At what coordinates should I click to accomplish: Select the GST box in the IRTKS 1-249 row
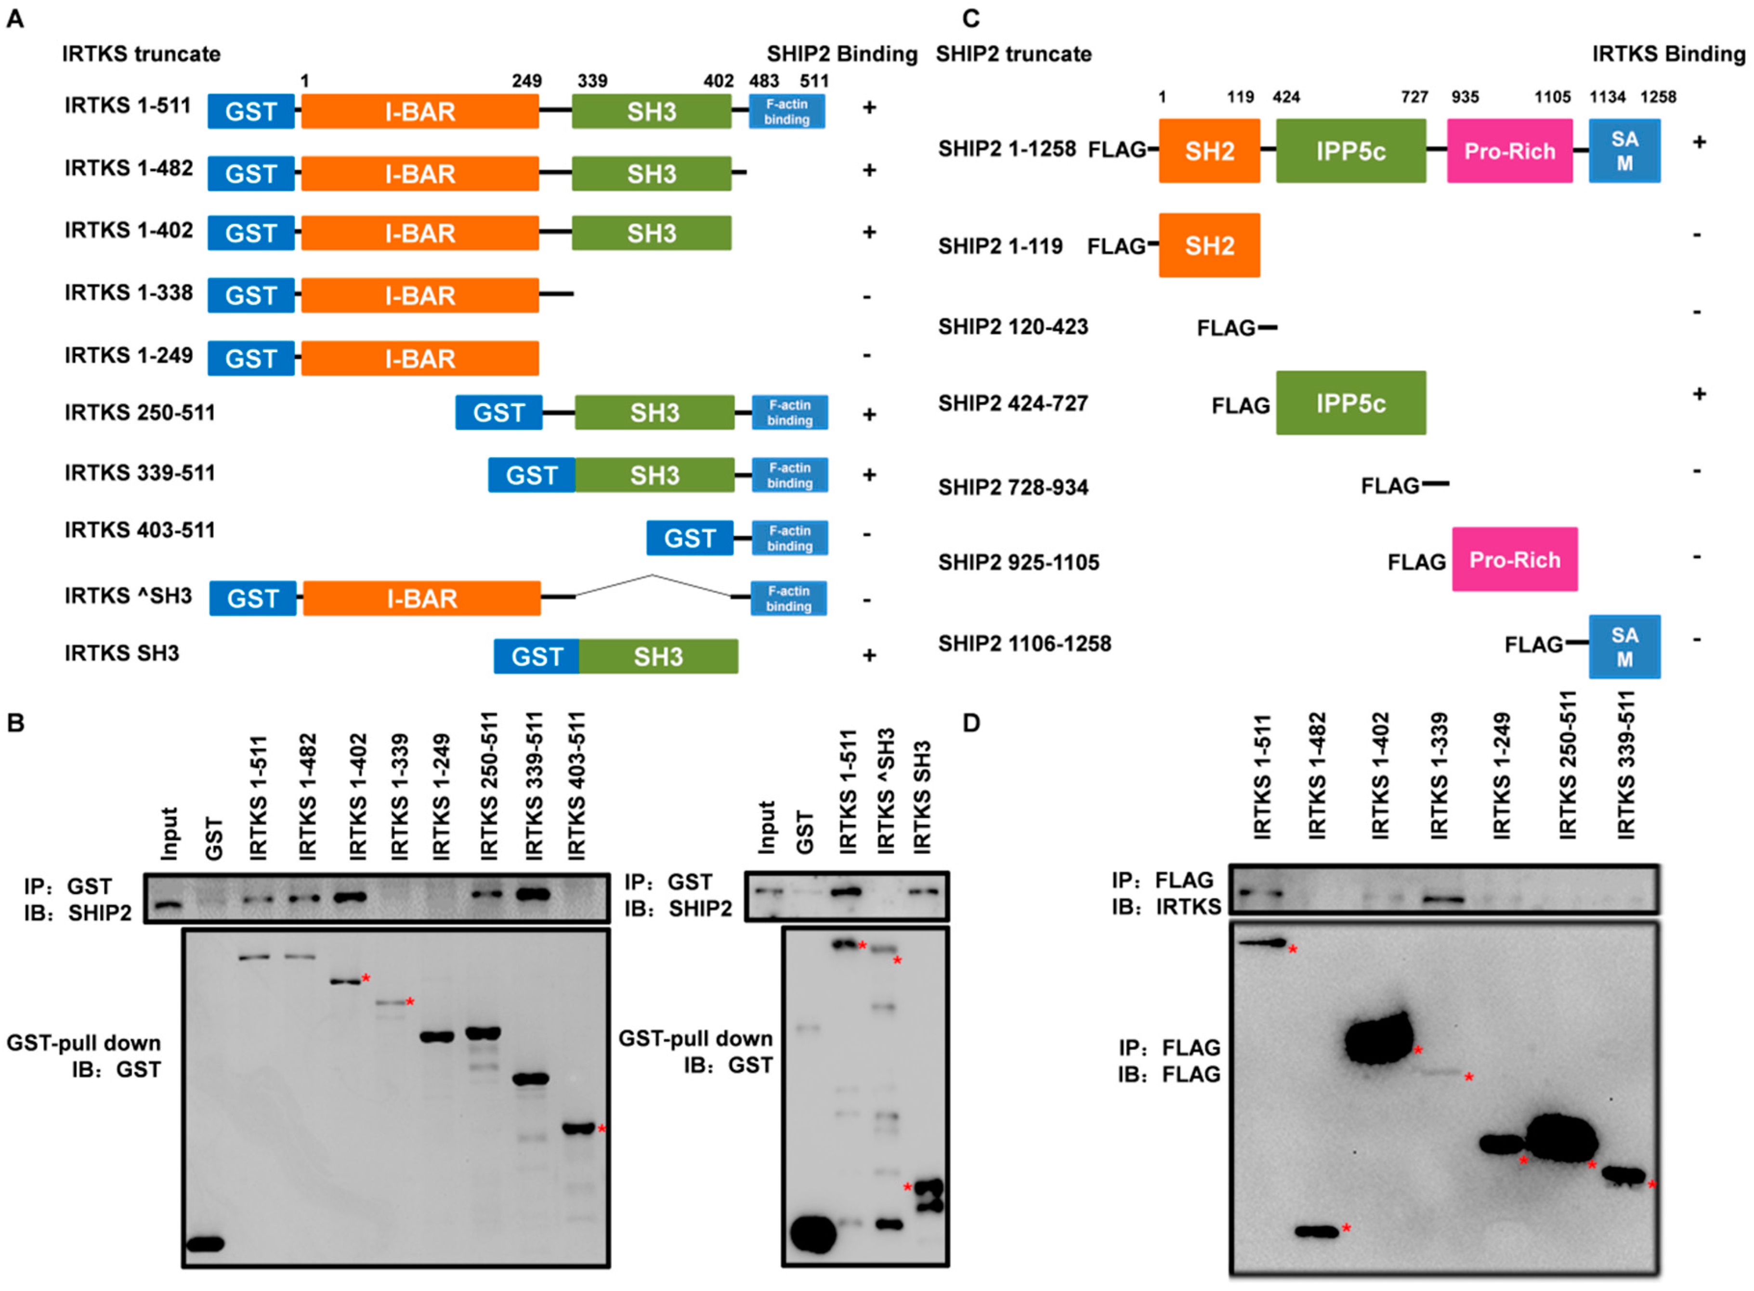251,359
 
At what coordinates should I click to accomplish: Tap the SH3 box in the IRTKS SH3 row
658,657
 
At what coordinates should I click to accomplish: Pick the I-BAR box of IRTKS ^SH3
422,599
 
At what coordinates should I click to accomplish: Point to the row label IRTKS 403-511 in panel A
139,531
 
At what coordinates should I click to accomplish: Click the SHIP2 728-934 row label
1012,487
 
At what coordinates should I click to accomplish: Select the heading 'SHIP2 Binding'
841,54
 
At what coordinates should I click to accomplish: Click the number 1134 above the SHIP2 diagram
1607,97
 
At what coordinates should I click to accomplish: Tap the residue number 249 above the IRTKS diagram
526,80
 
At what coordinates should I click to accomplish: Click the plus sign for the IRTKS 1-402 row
869,232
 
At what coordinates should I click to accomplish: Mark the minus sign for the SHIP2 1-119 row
1696,235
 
